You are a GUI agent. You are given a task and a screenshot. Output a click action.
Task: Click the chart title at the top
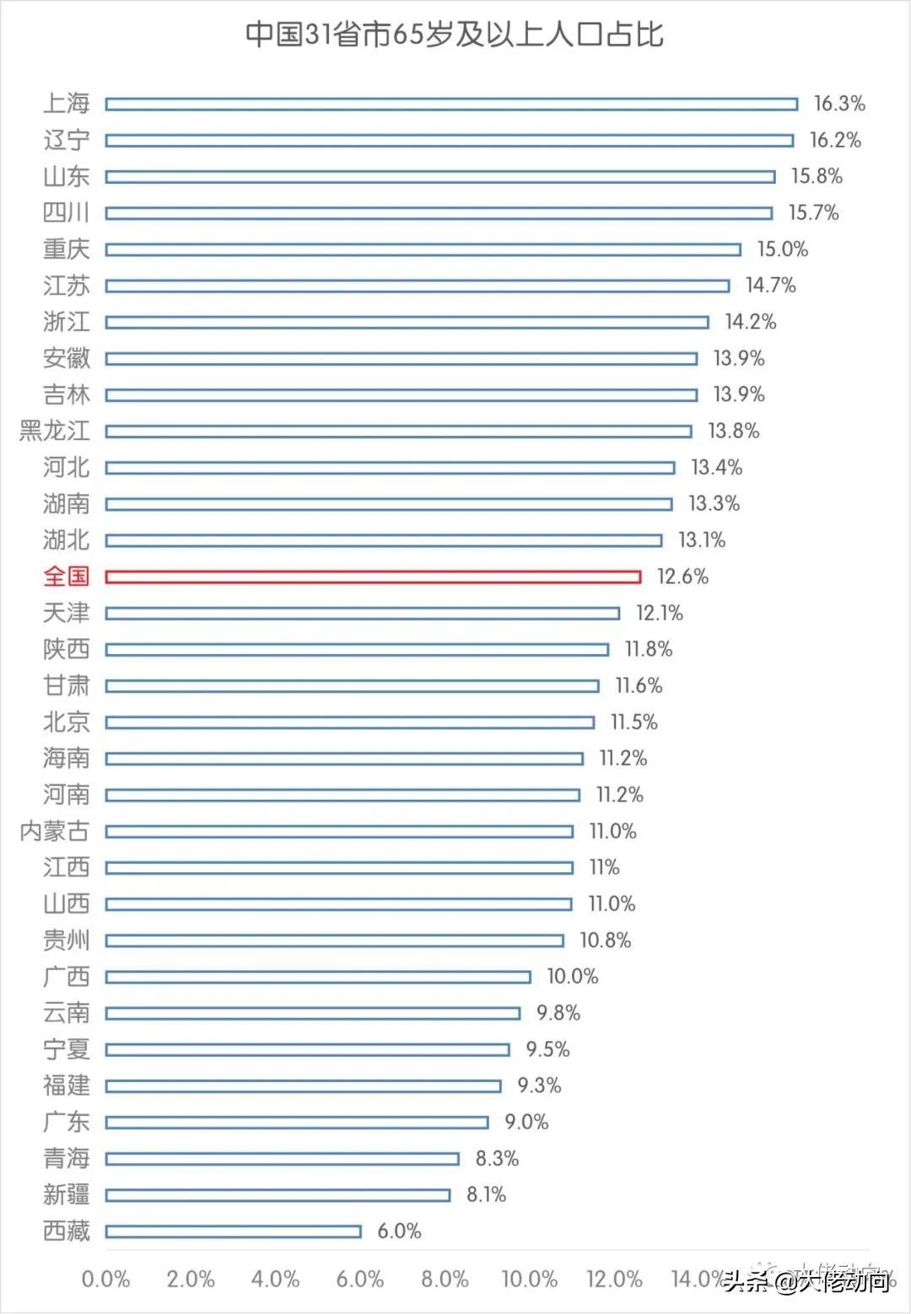[x=455, y=35]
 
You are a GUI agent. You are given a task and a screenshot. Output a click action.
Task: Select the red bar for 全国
[x=373, y=577]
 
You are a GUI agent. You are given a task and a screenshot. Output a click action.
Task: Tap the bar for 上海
[x=451, y=104]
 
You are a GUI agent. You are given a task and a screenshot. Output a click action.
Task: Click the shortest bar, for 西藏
[x=234, y=1231]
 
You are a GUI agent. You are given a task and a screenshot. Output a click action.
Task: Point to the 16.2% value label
[x=835, y=140]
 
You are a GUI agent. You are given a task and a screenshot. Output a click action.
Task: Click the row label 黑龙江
[x=54, y=431]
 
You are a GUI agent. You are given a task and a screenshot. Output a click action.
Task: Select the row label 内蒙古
[x=54, y=831]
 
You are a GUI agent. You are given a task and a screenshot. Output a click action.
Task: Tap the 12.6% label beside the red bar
[x=682, y=577]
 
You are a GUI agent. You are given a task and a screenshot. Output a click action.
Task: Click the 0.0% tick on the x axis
[x=105, y=1279]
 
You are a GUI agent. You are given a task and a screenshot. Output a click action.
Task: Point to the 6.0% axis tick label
[x=360, y=1279]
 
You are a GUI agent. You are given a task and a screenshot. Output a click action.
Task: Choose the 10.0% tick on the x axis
[x=530, y=1279]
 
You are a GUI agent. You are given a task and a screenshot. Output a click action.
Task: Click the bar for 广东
[x=297, y=1123]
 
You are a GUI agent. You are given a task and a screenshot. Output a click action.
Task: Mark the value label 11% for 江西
[x=604, y=867]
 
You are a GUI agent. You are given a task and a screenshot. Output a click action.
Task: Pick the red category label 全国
[x=66, y=577]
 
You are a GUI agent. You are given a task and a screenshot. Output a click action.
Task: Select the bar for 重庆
[x=423, y=249]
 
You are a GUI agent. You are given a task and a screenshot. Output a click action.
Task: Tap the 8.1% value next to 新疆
[x=486, y=1194]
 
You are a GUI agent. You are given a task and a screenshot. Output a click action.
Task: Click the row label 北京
[x=66, y=722]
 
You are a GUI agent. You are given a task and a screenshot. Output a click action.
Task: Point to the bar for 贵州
[x=335, y=941]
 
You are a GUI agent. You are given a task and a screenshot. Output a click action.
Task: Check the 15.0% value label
[x=782, y=249]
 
